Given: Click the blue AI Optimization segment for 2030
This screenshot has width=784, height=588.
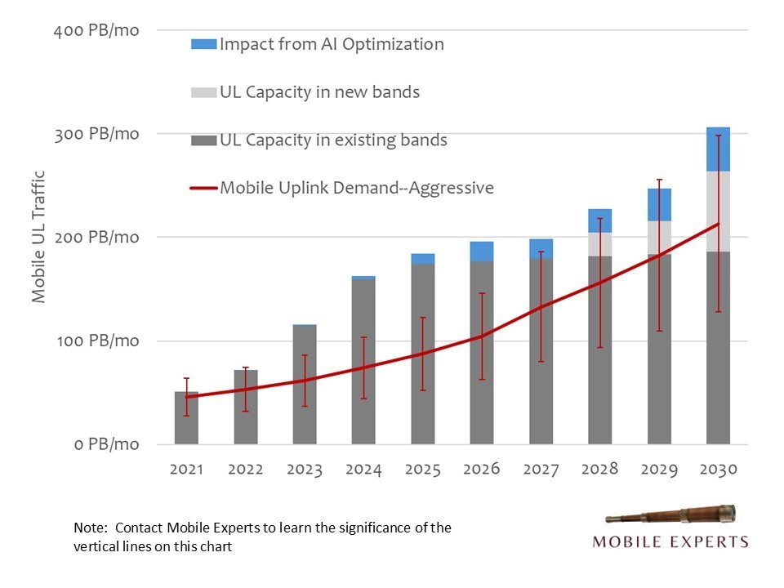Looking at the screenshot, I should click(x=718, y=149).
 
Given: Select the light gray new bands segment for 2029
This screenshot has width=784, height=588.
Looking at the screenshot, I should click(x=659, y=238).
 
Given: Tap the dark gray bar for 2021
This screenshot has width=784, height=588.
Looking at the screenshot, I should click(x=186, y=417).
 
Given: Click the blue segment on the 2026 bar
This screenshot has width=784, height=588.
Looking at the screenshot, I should click(x=482, y=252).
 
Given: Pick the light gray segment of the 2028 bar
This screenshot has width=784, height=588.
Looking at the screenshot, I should click(x=600, y=244).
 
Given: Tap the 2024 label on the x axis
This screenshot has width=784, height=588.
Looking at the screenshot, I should click(x=363, y=470).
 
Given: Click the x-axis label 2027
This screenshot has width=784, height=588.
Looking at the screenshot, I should click(x=541, y=470).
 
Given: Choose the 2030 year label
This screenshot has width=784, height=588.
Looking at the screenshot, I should click(x=718, y=470).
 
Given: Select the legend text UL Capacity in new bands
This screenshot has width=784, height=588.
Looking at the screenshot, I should click(x=319, y=91).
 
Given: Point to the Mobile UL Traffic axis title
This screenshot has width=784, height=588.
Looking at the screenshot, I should click(x=38, y=237).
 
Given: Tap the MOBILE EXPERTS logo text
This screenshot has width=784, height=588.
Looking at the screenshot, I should click(x=670, y=541).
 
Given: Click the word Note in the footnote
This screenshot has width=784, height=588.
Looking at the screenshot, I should click(x=87, y=528).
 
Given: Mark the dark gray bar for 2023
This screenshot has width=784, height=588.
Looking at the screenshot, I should click(x=305, y=384).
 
